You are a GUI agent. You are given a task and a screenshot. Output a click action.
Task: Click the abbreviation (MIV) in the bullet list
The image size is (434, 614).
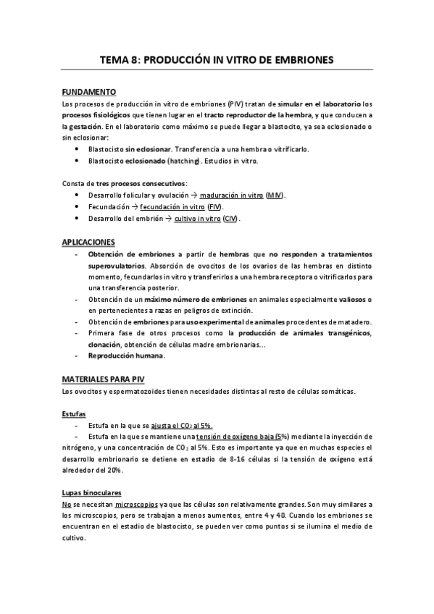tap(274, 195)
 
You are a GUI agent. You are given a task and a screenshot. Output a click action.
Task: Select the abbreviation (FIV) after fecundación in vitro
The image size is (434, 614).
tap(215, 207)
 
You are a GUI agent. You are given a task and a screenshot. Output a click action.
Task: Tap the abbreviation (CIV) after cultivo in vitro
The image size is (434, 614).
tap(230, 219)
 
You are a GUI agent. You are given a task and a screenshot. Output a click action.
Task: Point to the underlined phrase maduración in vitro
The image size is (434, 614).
tap(232, 195)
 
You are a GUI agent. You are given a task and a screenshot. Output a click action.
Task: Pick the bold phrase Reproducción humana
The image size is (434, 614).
tap(126, 356)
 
